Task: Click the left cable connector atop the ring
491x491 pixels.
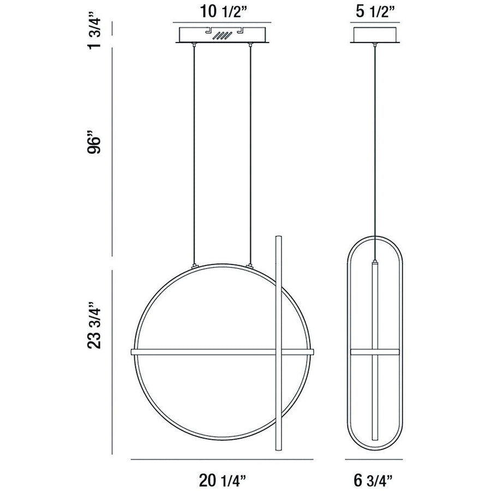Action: [x=195, y=266]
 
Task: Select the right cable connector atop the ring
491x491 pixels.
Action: [x=250, y=266]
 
